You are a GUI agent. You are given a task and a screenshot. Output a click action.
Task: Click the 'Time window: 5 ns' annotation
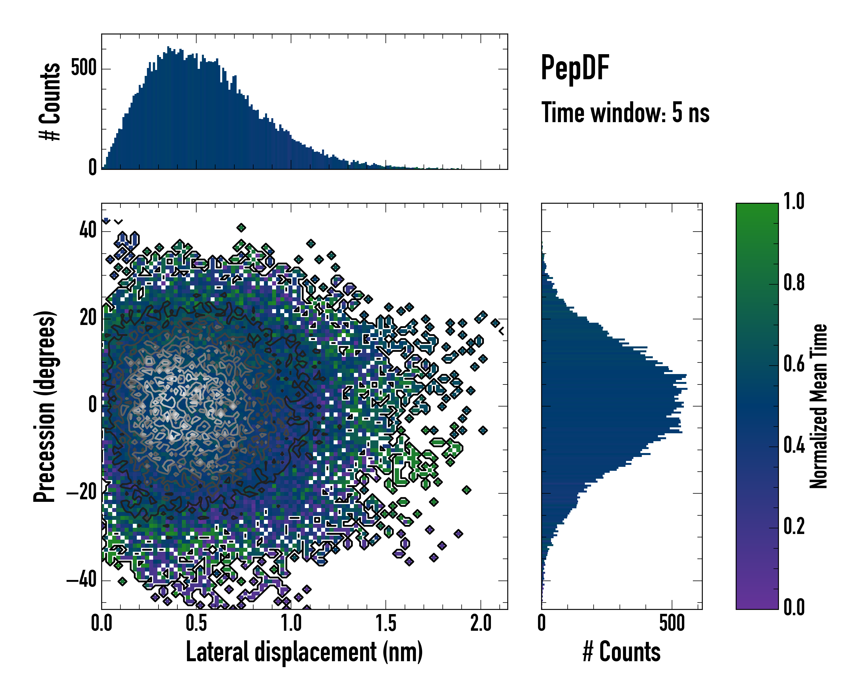coord(625,113)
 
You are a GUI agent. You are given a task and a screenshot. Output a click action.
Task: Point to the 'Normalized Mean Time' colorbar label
coord(819,406)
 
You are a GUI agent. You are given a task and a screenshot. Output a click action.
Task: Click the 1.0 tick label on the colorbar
coord(794,201)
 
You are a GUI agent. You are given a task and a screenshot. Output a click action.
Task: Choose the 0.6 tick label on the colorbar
coord(794,364)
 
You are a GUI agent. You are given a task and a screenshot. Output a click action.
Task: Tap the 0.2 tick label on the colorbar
coord(794,526)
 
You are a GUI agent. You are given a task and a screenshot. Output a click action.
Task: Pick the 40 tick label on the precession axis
coord(88,230)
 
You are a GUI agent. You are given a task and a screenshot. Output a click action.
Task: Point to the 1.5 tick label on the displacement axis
coord(386,623)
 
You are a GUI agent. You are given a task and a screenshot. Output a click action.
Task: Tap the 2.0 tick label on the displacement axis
coord(481,623)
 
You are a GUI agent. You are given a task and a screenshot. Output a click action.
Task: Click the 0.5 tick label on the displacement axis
coord(196,623)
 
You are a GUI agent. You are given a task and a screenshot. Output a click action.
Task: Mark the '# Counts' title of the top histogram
coord(50,101)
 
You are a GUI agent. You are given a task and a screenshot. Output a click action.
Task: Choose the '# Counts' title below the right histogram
coord(622,652)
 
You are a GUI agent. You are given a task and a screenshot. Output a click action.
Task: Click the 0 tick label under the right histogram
coord(542,623)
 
